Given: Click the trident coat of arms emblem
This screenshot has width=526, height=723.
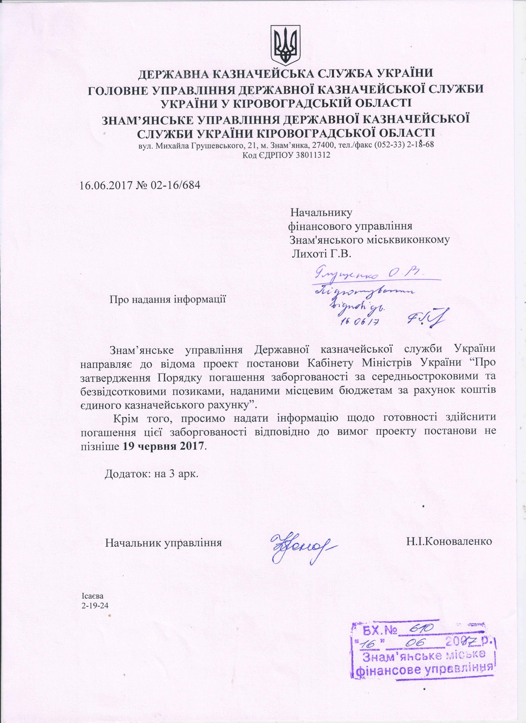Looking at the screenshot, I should tap(285, 44).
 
